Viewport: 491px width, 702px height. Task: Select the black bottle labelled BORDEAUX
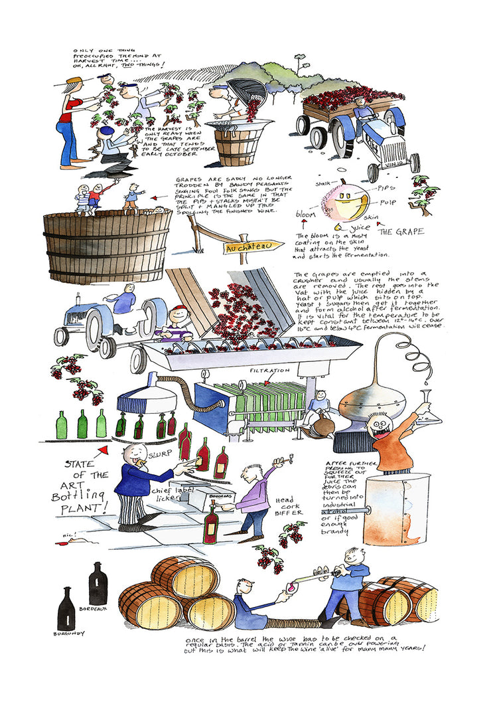[x=98, y=583]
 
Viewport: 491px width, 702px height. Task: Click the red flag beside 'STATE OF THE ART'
[x=102, y=453]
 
